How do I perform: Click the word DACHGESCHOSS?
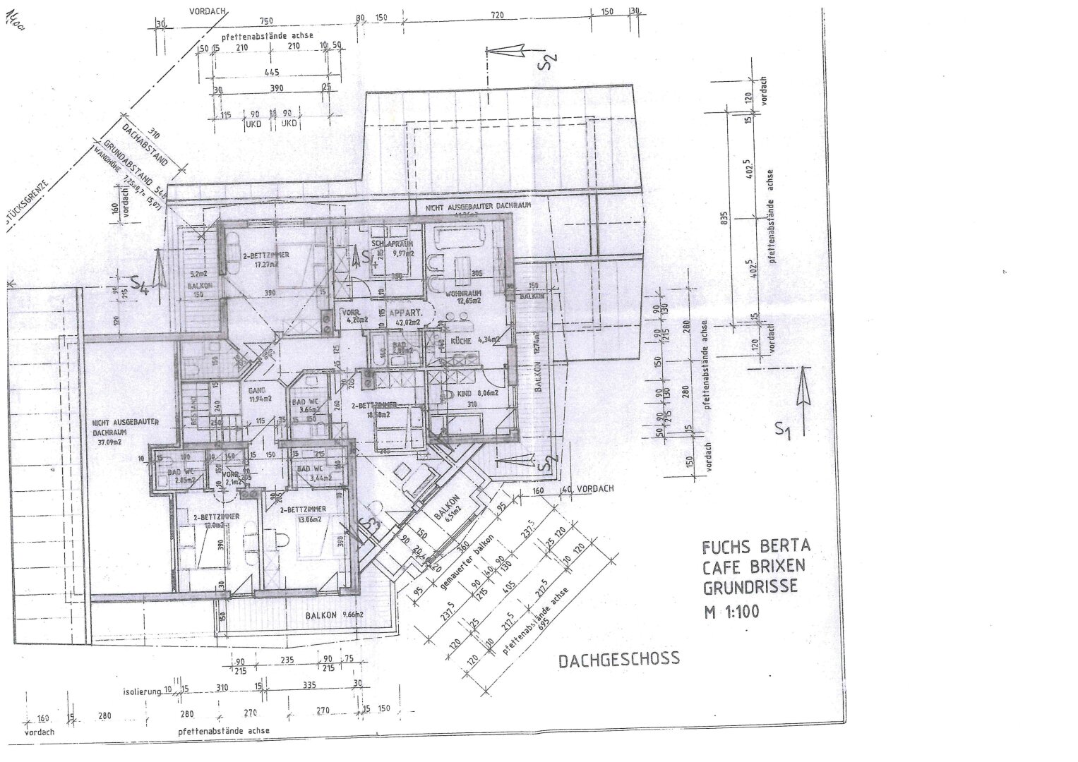coord(618,659)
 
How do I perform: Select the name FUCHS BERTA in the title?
coord(756,547)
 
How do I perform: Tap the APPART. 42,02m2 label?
coord(407,317)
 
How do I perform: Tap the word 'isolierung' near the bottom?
coord(140,692)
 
